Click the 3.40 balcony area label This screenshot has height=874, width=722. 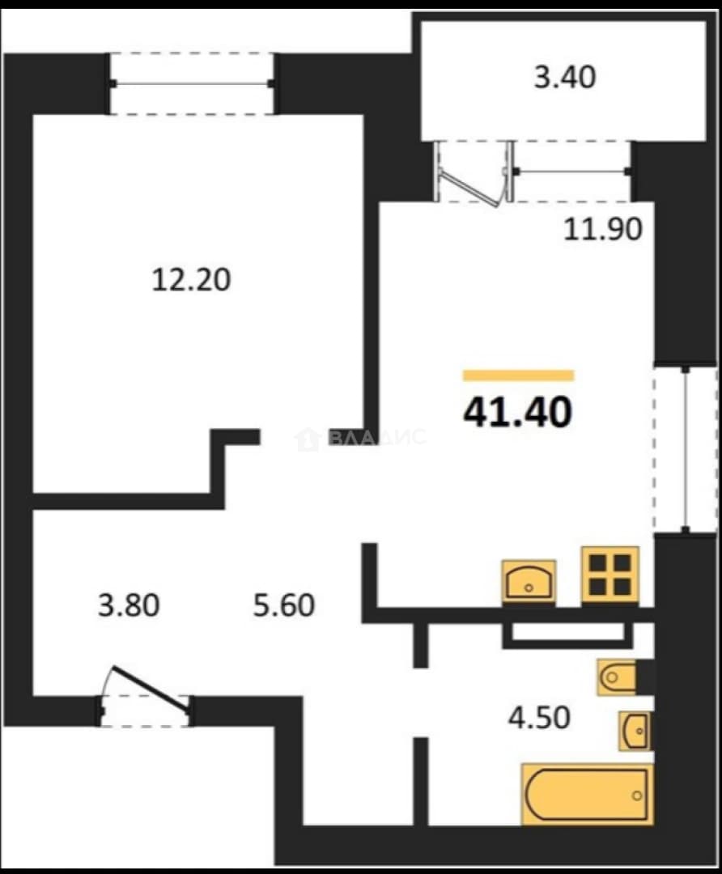tap(565, 77)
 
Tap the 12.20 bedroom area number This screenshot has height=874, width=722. tap(191, 280)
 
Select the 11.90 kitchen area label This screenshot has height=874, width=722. tap(603, 229)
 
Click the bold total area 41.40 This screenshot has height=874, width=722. tap(518, 412)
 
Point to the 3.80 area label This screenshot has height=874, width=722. tap(129, 605)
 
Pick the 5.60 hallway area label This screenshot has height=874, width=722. tap(284, 605)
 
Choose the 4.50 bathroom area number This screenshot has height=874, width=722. tap(539, 717)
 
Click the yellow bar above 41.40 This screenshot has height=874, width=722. tap(519, 375)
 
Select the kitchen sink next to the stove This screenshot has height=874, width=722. tap(529, 581)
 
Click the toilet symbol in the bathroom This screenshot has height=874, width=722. tap(616, 677)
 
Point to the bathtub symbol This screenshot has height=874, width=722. tap(587, 795)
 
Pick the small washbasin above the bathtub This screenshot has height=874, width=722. tap(635, 730)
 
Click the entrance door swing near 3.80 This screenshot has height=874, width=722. tap(150, 689)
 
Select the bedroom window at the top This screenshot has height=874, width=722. tap(192, 83)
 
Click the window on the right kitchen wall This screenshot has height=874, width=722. tap(686, 449)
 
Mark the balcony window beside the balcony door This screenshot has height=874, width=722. tap(572, 171)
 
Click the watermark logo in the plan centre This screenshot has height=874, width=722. tap(359, 438)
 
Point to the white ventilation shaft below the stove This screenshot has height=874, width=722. tap(567, 632)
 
